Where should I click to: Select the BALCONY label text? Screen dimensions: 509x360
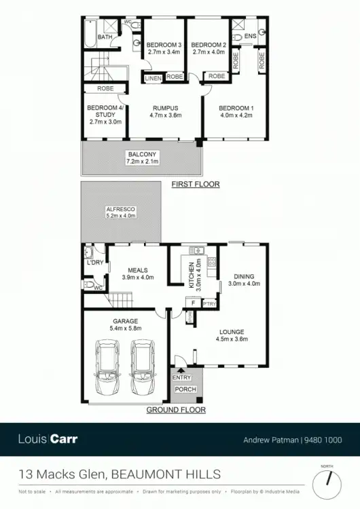[142, 154]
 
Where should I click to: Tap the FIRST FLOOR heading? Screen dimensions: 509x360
[196, 184]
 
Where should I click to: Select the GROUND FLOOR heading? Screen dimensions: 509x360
[176, 410]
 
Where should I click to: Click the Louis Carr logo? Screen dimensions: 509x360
[48, 439]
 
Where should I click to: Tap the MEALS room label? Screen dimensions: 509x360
[137, 269]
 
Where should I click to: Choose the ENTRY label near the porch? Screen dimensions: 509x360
[182, 377]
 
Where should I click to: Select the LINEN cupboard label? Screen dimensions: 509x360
[151, 77]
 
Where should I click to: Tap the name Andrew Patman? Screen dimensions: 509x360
[270, 440]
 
